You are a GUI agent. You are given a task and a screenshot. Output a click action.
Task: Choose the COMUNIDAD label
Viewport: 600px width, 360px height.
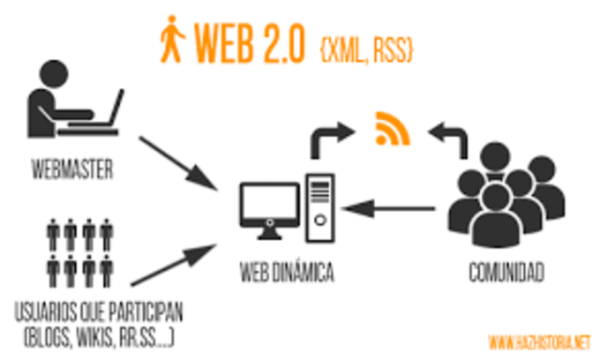tap(505, 274)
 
